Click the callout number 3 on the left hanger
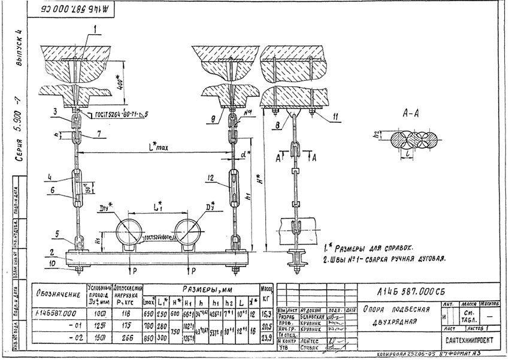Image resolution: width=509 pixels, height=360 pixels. click(54, 111)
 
